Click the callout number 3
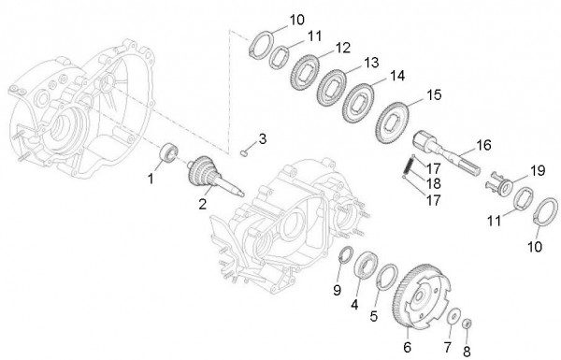click(263, 138)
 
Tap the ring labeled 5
click(385, 276)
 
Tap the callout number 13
click(346, 63)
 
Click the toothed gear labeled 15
click(392, 121)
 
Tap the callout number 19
click(538, 170)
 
